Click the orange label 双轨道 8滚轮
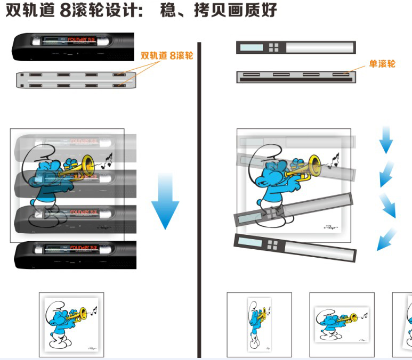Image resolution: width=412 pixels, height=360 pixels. pyautogui.click(x=167, y=55)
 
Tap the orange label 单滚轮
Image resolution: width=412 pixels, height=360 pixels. pyautogui.click(x=382, y=64)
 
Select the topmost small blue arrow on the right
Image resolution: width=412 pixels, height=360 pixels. pyautogui.click(x=386, y=140)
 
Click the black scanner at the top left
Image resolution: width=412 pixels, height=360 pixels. pyautogui.click(x=73, y=47)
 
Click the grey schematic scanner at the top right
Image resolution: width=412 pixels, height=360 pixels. pyautogui.click(x=296, y=47)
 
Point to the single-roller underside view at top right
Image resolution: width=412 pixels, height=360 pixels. pyautogui.click(x=296, y=76)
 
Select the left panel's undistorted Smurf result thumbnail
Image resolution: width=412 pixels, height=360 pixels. pyautogui.click(x=71, y=324)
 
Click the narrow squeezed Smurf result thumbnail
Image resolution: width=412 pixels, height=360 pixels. pyautogui.click(x=259, y=324)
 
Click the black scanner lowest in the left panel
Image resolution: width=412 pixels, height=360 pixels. pyautogui.click(x=75, y=255)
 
